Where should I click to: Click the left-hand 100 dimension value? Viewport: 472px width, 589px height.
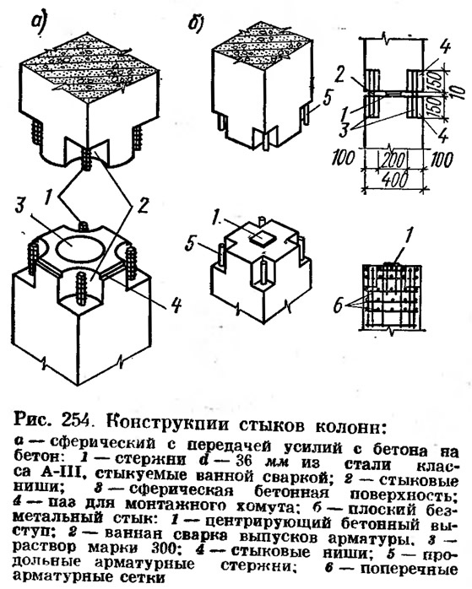(343, 158)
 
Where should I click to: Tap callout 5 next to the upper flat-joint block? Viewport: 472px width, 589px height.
(328, 100)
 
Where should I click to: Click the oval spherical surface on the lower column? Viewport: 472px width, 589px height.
(79, 248)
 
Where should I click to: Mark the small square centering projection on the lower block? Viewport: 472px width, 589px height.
(263, 237)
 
